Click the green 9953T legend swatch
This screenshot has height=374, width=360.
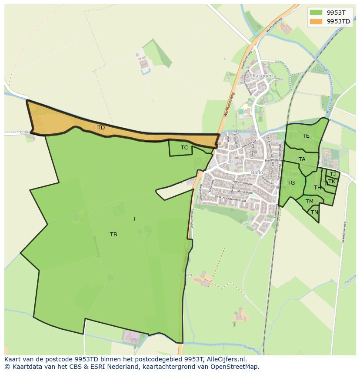316,13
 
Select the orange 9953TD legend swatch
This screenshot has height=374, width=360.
316,21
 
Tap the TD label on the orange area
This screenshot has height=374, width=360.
101,128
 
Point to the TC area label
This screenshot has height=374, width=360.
184,148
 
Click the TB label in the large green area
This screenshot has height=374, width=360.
113,235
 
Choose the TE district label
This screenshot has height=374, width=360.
306,136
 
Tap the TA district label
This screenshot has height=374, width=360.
302,159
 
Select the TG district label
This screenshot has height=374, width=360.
291,183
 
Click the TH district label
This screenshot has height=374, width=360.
317,188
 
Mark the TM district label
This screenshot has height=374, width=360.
309,202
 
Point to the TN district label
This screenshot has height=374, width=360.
314,212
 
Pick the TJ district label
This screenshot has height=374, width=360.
333,174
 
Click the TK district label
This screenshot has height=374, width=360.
332,182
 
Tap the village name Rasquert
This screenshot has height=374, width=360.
263,76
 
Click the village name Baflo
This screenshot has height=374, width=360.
257,172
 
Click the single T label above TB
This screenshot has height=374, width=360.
135,219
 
